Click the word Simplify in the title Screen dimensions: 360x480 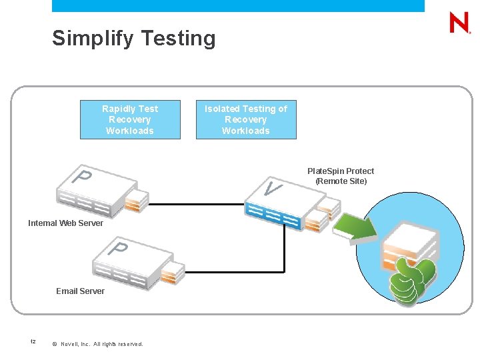pyautogui.click(x=93, y=39)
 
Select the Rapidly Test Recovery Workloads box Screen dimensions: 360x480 pyautogui.click(x=130, y=120)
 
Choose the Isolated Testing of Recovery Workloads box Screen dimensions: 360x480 pyautogui.click(x=245, y=120)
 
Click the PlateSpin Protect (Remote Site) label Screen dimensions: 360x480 pyautogui.click(x=341, y=176)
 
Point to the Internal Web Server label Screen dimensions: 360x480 pyautogui.click(x=65, y=223)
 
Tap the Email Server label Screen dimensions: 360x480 pyautogui.click(x=80, y=291)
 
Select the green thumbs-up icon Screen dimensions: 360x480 pyautogui.click(x=413, y=280)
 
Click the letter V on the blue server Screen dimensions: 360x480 pyautogui.click(x=271, y=189)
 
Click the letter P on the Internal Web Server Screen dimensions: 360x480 pyautogui.click(x=82, y=177)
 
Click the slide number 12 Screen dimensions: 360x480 pyautogui.click(x=33, y=342)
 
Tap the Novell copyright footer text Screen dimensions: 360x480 pyautogui.click(x=101, y=344)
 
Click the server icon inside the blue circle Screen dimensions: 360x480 pyautogui.click(x=408, y=243)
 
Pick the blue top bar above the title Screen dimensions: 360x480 pyautogui.click(x=238, y=6)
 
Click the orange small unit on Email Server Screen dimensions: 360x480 pyautogui.click(x=171, y=272)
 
